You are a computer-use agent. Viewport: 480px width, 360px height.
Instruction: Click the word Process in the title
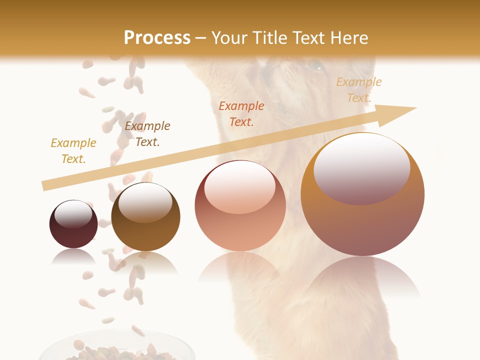click(x=157, y=38)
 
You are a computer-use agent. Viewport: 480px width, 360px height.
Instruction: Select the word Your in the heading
click(x=230, y=38)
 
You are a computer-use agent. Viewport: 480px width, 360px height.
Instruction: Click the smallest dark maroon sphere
click(x=73, y=224)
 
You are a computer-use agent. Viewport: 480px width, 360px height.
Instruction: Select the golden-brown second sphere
click(x=145, y=217)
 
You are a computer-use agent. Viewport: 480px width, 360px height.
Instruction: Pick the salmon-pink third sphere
click(x=240, y=206)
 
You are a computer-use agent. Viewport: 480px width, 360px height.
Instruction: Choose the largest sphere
click(x=362, y=194)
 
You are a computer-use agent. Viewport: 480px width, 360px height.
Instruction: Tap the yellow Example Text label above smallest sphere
click(x=73, y=151)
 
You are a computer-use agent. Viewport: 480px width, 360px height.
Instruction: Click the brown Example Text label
click(x=147, y=134)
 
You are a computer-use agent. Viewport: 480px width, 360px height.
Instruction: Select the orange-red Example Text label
click(x=241, y=114)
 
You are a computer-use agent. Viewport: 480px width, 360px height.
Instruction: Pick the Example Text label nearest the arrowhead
click(x=359, y=90)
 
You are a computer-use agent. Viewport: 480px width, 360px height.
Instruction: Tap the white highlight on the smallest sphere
click(x=73, y=214)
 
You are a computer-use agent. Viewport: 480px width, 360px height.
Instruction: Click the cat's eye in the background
click(x=315, y=65)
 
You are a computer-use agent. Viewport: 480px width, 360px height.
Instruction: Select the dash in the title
click(x=201, y=38)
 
